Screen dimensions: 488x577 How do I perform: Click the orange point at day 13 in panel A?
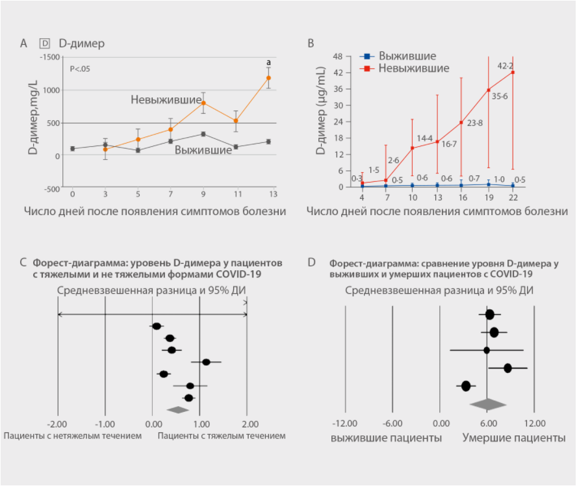click(x=268, y=78)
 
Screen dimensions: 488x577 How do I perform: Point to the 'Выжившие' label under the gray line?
click(x=203, y=150)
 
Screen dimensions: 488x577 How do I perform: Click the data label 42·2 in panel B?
click(x=505, y=66)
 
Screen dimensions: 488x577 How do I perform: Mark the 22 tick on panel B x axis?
click(x=513, y=198)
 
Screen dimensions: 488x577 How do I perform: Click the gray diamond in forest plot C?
click(x=176, y=409)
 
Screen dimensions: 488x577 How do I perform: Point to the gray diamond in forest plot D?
click(x=488, y=404)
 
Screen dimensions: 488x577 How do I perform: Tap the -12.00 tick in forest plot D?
click(x=345, y=423)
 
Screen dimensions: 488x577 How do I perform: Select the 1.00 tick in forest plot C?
click(x=199, y=423)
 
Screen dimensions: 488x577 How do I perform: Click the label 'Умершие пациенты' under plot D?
click(x=513, y=438)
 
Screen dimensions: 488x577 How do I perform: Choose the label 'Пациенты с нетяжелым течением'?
click(x=72, y=436)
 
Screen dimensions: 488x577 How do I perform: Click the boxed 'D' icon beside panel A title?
click(x=45, y=44)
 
